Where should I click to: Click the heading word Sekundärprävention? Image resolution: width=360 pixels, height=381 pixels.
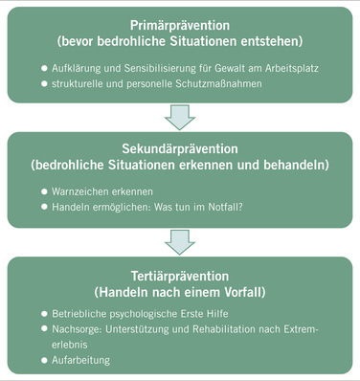(x=179, y=150)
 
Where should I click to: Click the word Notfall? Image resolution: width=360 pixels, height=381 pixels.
(x=227, y=207)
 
